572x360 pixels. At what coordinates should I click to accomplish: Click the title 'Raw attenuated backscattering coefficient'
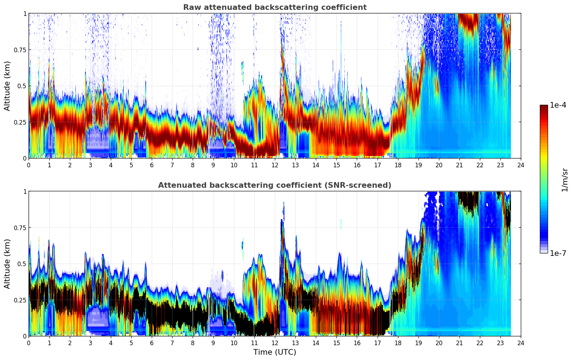[275, 7]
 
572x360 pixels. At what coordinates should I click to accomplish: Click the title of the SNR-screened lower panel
[275, 185]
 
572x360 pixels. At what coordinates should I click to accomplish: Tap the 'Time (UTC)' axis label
[275, 352]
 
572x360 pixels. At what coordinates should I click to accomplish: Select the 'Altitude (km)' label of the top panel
[7, 86]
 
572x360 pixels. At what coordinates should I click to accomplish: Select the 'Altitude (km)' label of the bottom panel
[7, 264]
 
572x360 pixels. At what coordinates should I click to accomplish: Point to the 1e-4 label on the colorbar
[558, 105]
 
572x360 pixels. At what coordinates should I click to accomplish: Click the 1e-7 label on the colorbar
[558, 253]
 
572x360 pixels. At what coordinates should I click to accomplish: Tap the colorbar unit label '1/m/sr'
[565, 179]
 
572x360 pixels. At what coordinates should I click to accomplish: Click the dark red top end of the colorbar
[544, 107]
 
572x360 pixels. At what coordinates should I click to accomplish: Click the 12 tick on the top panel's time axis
[275, 165]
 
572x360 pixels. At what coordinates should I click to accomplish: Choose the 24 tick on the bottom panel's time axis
[520, 343]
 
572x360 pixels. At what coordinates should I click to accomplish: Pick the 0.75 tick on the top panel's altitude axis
[20, 50]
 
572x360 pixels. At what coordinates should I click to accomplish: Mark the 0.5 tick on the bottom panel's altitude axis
[22, 264]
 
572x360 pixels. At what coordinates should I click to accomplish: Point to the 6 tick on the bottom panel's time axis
[152, 343]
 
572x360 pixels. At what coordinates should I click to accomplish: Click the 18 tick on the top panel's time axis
[398, 165]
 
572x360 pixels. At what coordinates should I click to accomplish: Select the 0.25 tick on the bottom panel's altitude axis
[20, 300]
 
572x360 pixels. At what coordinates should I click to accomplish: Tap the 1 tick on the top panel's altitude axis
[25, 13]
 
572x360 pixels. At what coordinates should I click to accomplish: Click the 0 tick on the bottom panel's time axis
[29, 343]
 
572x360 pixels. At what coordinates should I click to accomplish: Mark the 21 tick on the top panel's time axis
[459, 165]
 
